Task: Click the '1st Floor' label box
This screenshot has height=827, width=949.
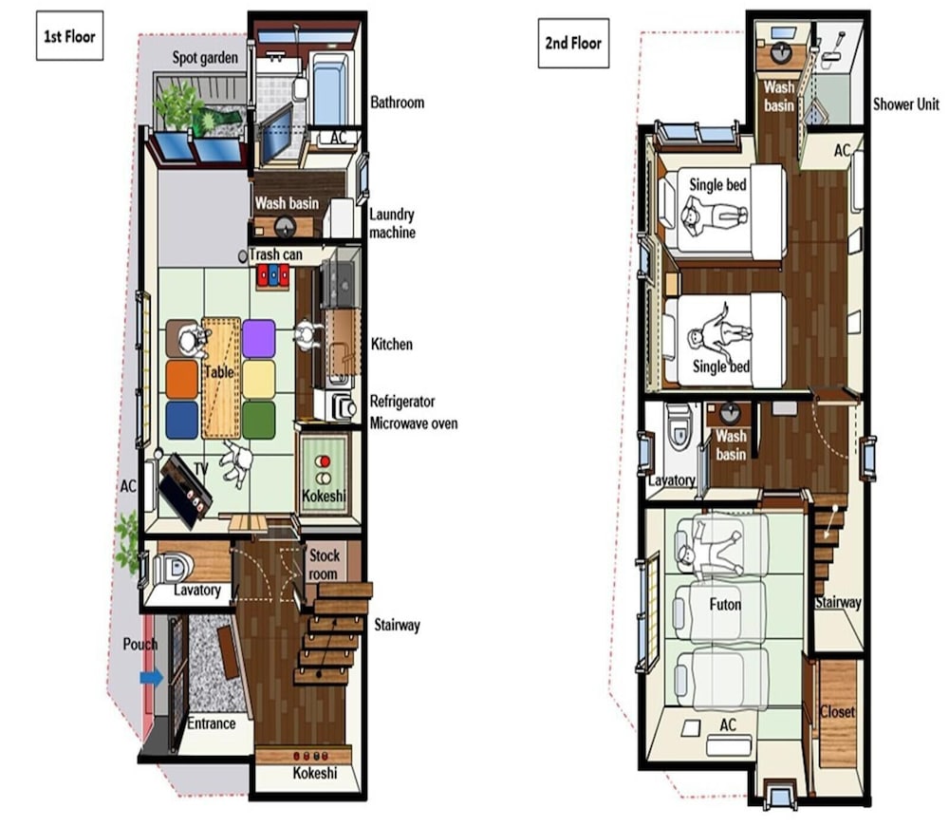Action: tap(69, 36)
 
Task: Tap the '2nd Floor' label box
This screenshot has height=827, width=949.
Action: tap(573, 43)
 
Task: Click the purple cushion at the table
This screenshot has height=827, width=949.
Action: tap(259, 338)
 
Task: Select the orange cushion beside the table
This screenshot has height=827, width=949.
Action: tap(182, 380)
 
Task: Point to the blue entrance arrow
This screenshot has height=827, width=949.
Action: tap(151, 677)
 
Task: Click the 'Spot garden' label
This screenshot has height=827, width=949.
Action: tap(205, 58)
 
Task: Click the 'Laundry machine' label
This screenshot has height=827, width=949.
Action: tap(392, 223)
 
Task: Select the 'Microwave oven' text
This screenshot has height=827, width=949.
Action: tap(414, 423)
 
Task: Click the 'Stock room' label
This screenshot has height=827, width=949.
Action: tap(324, 564)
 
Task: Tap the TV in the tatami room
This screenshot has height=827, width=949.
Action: tap(186, 490)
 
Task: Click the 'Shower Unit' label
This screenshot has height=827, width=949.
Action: tap(906, 104)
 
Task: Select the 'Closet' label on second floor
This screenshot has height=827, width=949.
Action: tap(837, 712)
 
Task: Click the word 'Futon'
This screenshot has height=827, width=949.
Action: tap(725, 604)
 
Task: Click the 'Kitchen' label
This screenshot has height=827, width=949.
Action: tap(392, 345)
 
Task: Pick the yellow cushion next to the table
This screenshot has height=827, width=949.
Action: tap(259, 380)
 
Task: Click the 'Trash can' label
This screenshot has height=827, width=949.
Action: tap(275, 254)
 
